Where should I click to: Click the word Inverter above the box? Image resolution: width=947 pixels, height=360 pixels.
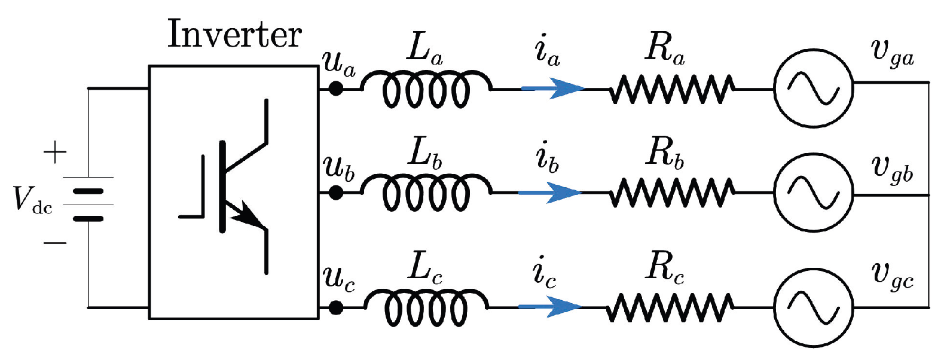coord(234,34)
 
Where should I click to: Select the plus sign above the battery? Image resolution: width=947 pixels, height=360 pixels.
coord(55,152)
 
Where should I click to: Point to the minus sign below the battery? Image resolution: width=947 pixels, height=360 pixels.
coord(55,243)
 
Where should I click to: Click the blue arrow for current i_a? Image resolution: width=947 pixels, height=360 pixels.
coord(553,89)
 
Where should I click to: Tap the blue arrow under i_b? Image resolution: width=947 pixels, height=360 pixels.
coord(551,193)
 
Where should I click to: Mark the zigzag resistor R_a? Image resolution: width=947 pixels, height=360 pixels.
coord(672,89)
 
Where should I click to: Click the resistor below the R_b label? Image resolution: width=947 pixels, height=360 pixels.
coord(672,193)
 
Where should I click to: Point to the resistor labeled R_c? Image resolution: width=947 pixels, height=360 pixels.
coord(670,307)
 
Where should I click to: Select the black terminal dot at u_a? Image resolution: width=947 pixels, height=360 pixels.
coord(336,89)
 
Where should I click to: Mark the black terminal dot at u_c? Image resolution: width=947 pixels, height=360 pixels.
coord(336,307)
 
